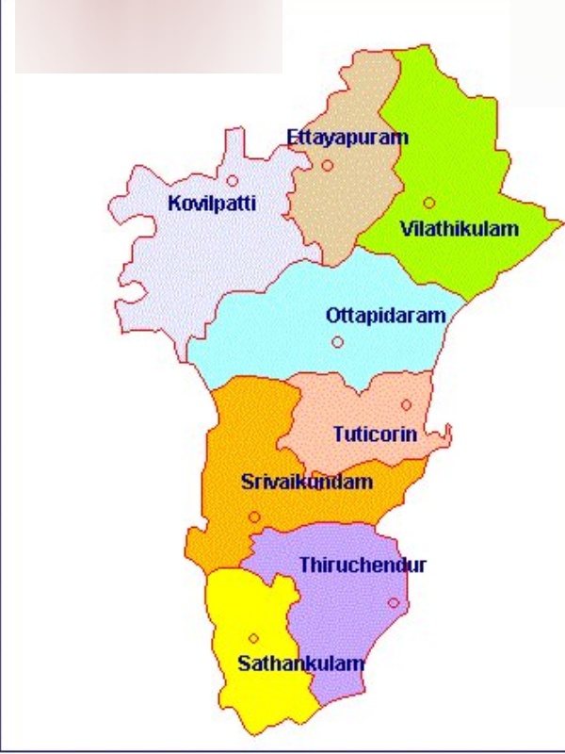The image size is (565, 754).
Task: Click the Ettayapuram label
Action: coord(347,138)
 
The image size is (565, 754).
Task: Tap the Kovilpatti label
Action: coord(212,203)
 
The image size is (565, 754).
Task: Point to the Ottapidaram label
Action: coord(385,317)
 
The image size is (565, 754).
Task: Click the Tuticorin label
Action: coord(375,435)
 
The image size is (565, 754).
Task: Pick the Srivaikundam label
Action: coord(307,483)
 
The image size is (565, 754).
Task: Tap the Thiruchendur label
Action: coord(363,565)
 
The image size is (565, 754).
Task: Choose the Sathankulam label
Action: coord(300,664)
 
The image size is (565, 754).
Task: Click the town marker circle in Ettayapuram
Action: coord(327,165)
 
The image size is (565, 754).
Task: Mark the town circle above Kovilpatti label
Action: coord(232,180)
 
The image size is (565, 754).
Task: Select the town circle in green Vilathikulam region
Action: coord(428,203)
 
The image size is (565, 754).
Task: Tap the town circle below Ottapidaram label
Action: coord(337,342)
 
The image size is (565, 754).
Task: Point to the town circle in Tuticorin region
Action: coord(406,405)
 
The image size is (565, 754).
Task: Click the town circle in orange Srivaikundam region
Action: coord(254,516)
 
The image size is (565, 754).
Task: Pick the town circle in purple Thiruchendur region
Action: coord(393,603)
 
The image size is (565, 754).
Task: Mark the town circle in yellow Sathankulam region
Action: coord(253,638)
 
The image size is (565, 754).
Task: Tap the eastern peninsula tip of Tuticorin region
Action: coord(449,434)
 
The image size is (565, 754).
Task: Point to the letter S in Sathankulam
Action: coord(243,664)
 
